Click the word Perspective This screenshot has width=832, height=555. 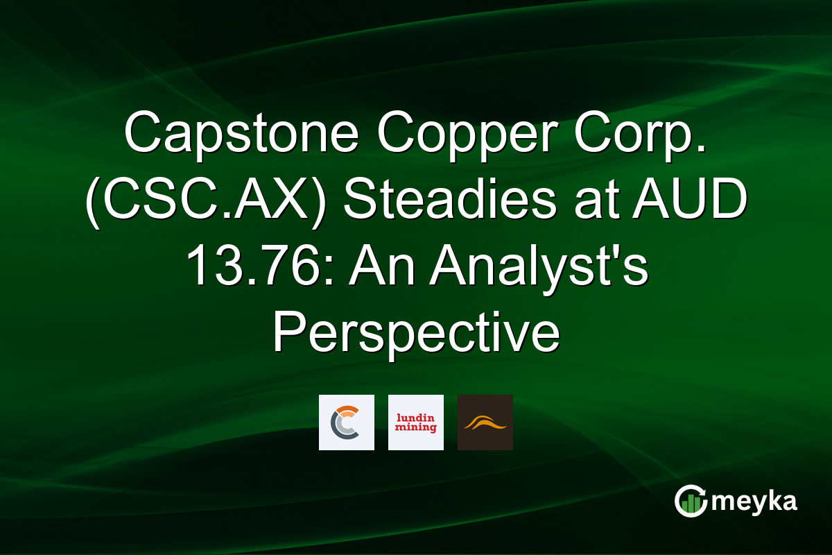415,334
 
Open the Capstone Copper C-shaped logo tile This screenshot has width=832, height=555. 347,422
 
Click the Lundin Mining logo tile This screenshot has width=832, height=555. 416,422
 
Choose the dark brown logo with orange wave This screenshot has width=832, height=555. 485,422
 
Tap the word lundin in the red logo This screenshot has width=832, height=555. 416,417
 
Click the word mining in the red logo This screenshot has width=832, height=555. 416,428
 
